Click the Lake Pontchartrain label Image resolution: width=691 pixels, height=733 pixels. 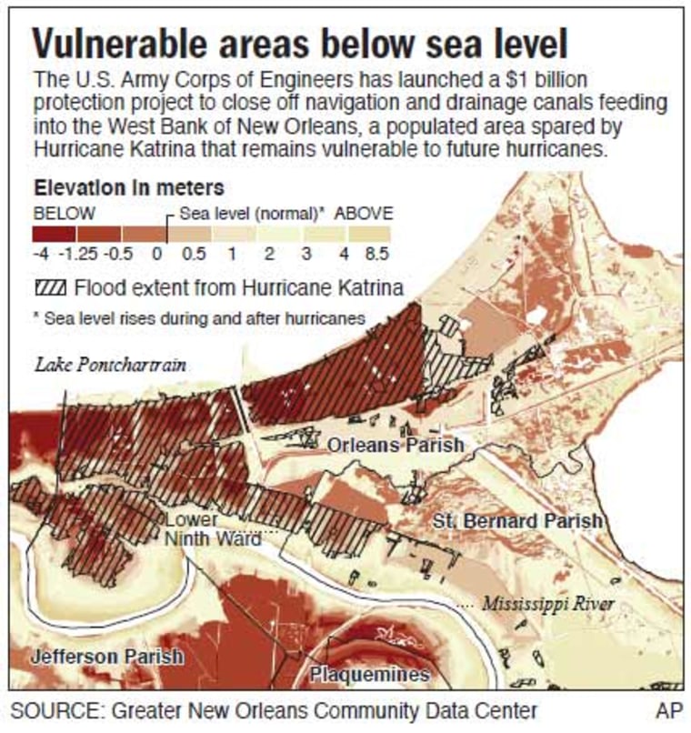click(x=110, y=366)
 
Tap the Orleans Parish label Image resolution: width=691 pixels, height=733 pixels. click(x=396, y=445)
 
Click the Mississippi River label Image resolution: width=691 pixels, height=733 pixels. click(x=548, y=604)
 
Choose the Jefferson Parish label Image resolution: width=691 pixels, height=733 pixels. click(x=106, y=656)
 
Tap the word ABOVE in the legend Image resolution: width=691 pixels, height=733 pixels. click(x=364, y=214)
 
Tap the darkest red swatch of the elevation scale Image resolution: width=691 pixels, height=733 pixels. click(x=51, y=234)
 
